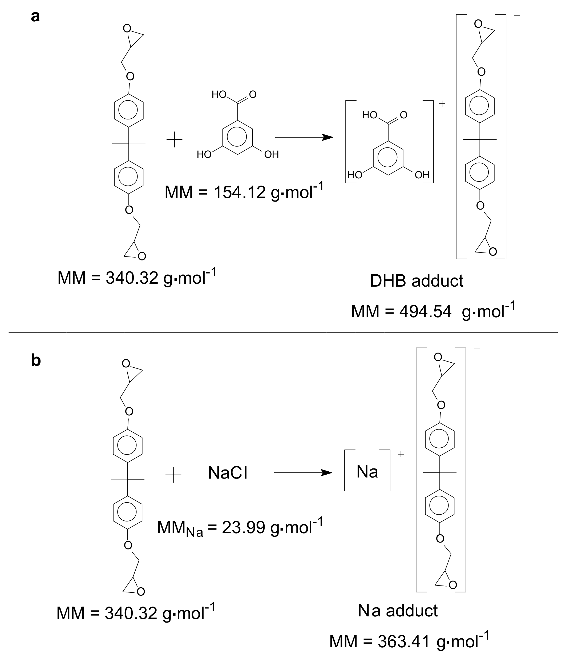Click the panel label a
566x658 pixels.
pyautogui.click(x=35, y=17)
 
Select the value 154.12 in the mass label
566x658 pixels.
pyautogui.click(x=239, y=192)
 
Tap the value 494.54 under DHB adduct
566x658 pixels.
pyautogui.click(x=425, y=311)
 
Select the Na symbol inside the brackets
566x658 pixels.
pyautogui.click(x=367, y=472)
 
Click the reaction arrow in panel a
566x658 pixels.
pyautogui.click(x=304, y=137)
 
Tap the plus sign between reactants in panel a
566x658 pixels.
pyautogui.click(x=174, y=140)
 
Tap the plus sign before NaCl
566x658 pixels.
pyautogui.click(x=173, y=475)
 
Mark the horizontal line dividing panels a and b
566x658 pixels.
pyautogui.click(x=282, y=332)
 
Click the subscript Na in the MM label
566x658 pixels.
pyautogui.click(x=194, y=532)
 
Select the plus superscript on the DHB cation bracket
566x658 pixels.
pyautogui.click(x=442, y=103)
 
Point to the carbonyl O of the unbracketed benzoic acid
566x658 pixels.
pyautogui.click(x=253, y=94)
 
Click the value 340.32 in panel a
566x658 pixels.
pyautogui.click(x=132, y=278)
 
